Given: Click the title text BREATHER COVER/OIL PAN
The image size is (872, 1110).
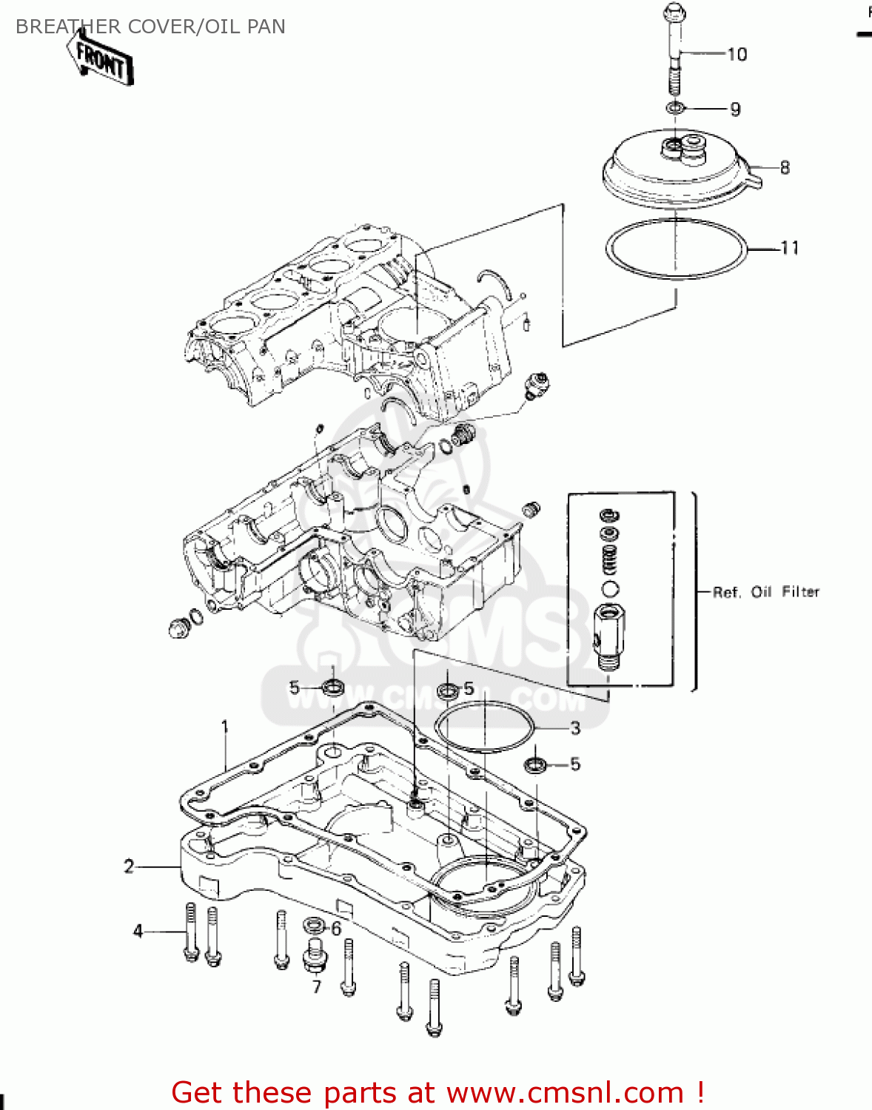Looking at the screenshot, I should point(150,27).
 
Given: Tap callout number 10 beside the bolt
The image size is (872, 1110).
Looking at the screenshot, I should point(737,54).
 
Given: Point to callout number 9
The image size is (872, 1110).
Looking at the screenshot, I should point(735,110).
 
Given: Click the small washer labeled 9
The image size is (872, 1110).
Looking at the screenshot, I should point(674,109).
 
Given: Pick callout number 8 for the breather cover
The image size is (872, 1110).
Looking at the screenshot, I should point(785,168).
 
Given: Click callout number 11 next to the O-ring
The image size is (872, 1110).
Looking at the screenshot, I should point(790,249).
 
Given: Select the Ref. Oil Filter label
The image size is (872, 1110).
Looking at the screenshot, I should point(766,592).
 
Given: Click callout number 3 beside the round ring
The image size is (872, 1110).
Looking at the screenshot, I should point(575,728).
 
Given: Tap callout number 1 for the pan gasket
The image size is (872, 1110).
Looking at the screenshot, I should point(225,727).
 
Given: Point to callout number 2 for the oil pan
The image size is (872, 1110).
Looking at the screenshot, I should point(129,866).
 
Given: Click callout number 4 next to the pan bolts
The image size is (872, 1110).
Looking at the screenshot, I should point(138,931).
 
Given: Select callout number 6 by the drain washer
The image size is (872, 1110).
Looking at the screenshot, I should point(336,929).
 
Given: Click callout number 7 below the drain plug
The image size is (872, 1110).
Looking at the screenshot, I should point(317,987).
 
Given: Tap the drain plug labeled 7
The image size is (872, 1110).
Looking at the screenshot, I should point(315,956).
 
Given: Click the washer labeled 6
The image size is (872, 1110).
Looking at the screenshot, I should point(313,925).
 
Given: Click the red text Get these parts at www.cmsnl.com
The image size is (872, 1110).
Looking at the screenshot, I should point(437,1092).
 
